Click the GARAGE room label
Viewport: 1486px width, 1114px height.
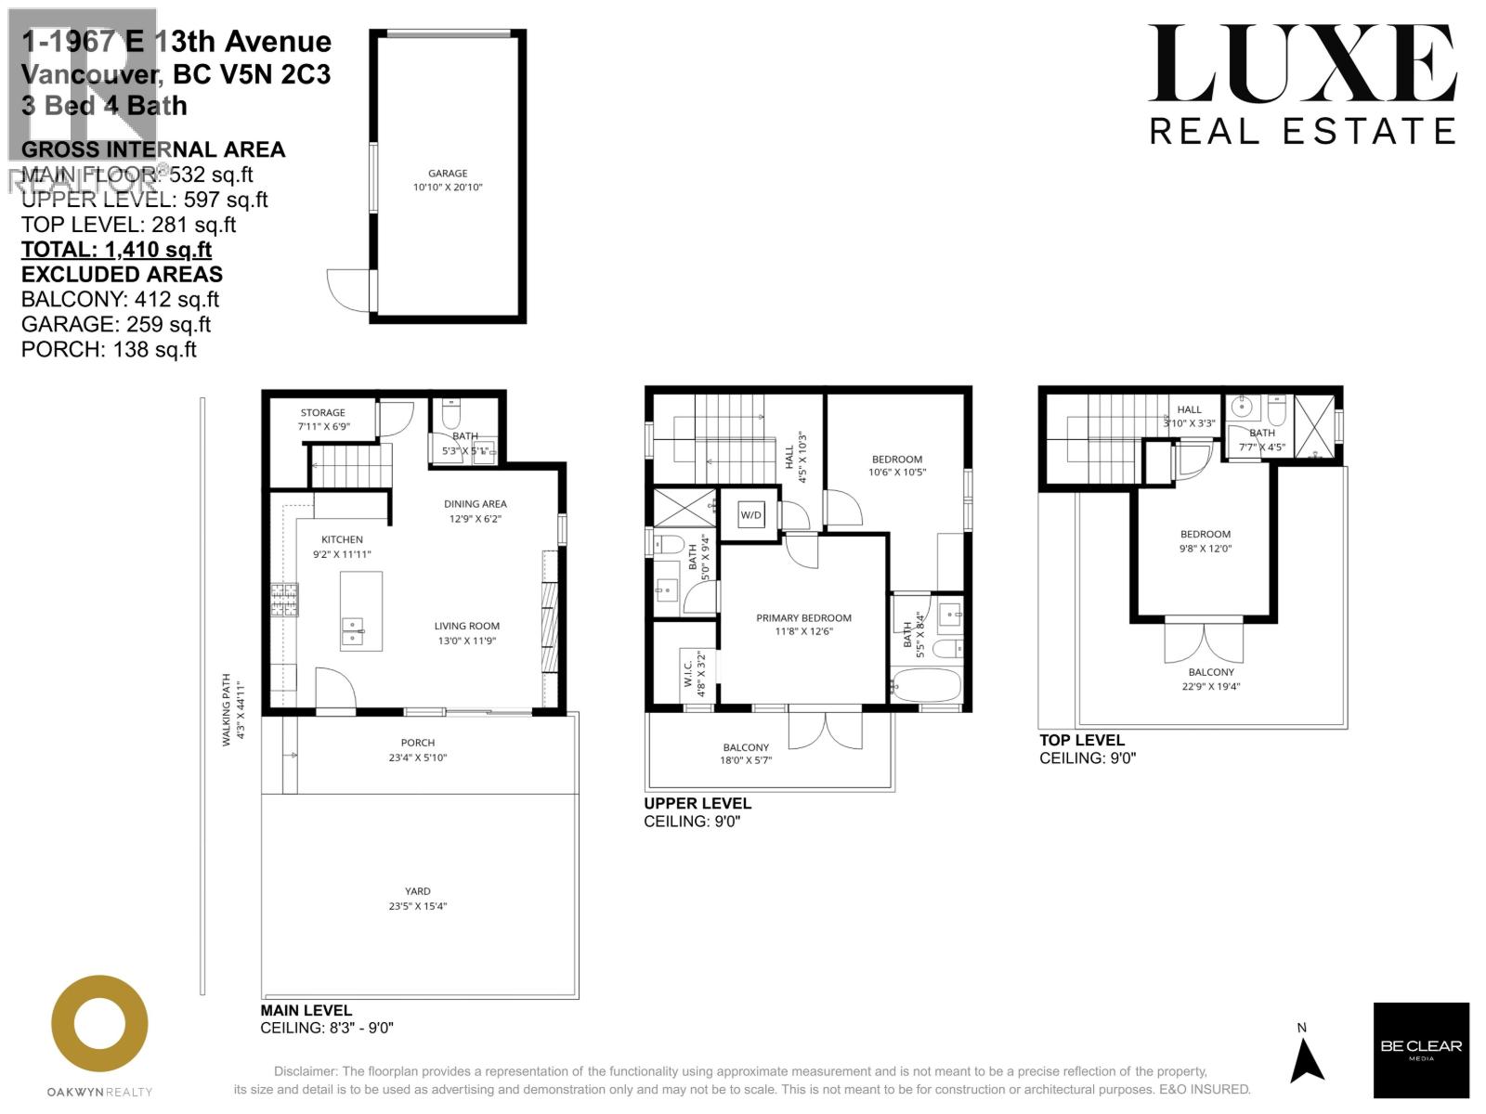point(448,174)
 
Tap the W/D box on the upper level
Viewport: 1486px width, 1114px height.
point(750,515)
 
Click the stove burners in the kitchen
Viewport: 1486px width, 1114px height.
point(284,600)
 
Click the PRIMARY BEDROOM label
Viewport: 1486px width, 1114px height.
point(803,618)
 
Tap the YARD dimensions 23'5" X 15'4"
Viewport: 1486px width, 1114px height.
point(418,906)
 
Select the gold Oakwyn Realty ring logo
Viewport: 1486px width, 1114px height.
point(99,1023)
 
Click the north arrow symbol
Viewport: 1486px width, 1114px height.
point(1307,1061)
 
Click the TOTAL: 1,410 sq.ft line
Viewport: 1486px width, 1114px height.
point(116,250)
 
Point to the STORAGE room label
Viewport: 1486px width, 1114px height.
point(322,413)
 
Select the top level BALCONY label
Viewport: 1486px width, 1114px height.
point(1211,672)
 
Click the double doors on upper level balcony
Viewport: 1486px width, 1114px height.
point(825,727)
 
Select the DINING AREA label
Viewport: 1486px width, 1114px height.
point(475,504)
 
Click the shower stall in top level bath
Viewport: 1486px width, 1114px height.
point(1313,428)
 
